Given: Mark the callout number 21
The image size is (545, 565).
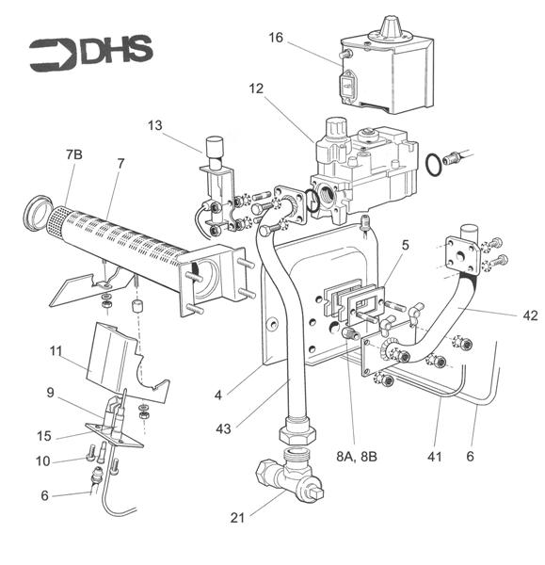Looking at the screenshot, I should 239,516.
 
